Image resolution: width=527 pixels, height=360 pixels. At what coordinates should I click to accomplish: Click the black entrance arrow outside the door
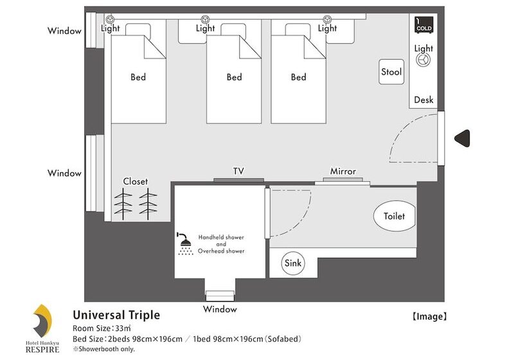pyautogui.click(x=462, y=138)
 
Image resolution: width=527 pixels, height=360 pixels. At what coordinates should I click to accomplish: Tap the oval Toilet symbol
pyautogui.click(x=394, y=216)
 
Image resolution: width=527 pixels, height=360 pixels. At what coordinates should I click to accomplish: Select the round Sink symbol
pyautogui.click(x=293, y=263)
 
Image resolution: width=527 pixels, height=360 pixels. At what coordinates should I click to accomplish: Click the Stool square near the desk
pyautogui.click(x=391, y=72)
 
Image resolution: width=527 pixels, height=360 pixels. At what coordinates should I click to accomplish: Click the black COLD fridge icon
pyautogui.click(x=424, y=24)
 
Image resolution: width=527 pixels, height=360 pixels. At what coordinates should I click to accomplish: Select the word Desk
pyautogui.click(x=424, y=100)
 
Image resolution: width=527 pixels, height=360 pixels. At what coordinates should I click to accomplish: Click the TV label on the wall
pyautogui.click(x=238, y=171)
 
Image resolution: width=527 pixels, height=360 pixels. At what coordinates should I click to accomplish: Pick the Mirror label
pyautogui.click(x=343, y=172)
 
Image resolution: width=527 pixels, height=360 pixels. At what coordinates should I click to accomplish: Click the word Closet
pyautogui.click(x=136, y=181)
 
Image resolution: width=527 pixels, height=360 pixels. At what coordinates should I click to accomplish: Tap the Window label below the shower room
pyautogui.click(x=220, y=309)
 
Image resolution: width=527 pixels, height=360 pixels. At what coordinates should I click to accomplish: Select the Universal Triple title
pyautogui.click(x=116, y=315)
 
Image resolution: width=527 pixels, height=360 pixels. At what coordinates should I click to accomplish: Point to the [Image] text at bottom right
pyautogui.click(x=429, y=316)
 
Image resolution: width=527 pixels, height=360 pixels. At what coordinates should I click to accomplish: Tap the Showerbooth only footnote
pyautogui.click(x=103, y=349)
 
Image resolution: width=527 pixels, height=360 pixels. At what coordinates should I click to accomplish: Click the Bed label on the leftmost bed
pyautogui.click(x=138, y=77)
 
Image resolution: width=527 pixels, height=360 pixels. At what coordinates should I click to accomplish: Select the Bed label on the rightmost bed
pyautogui.click(x=298, y=77)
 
